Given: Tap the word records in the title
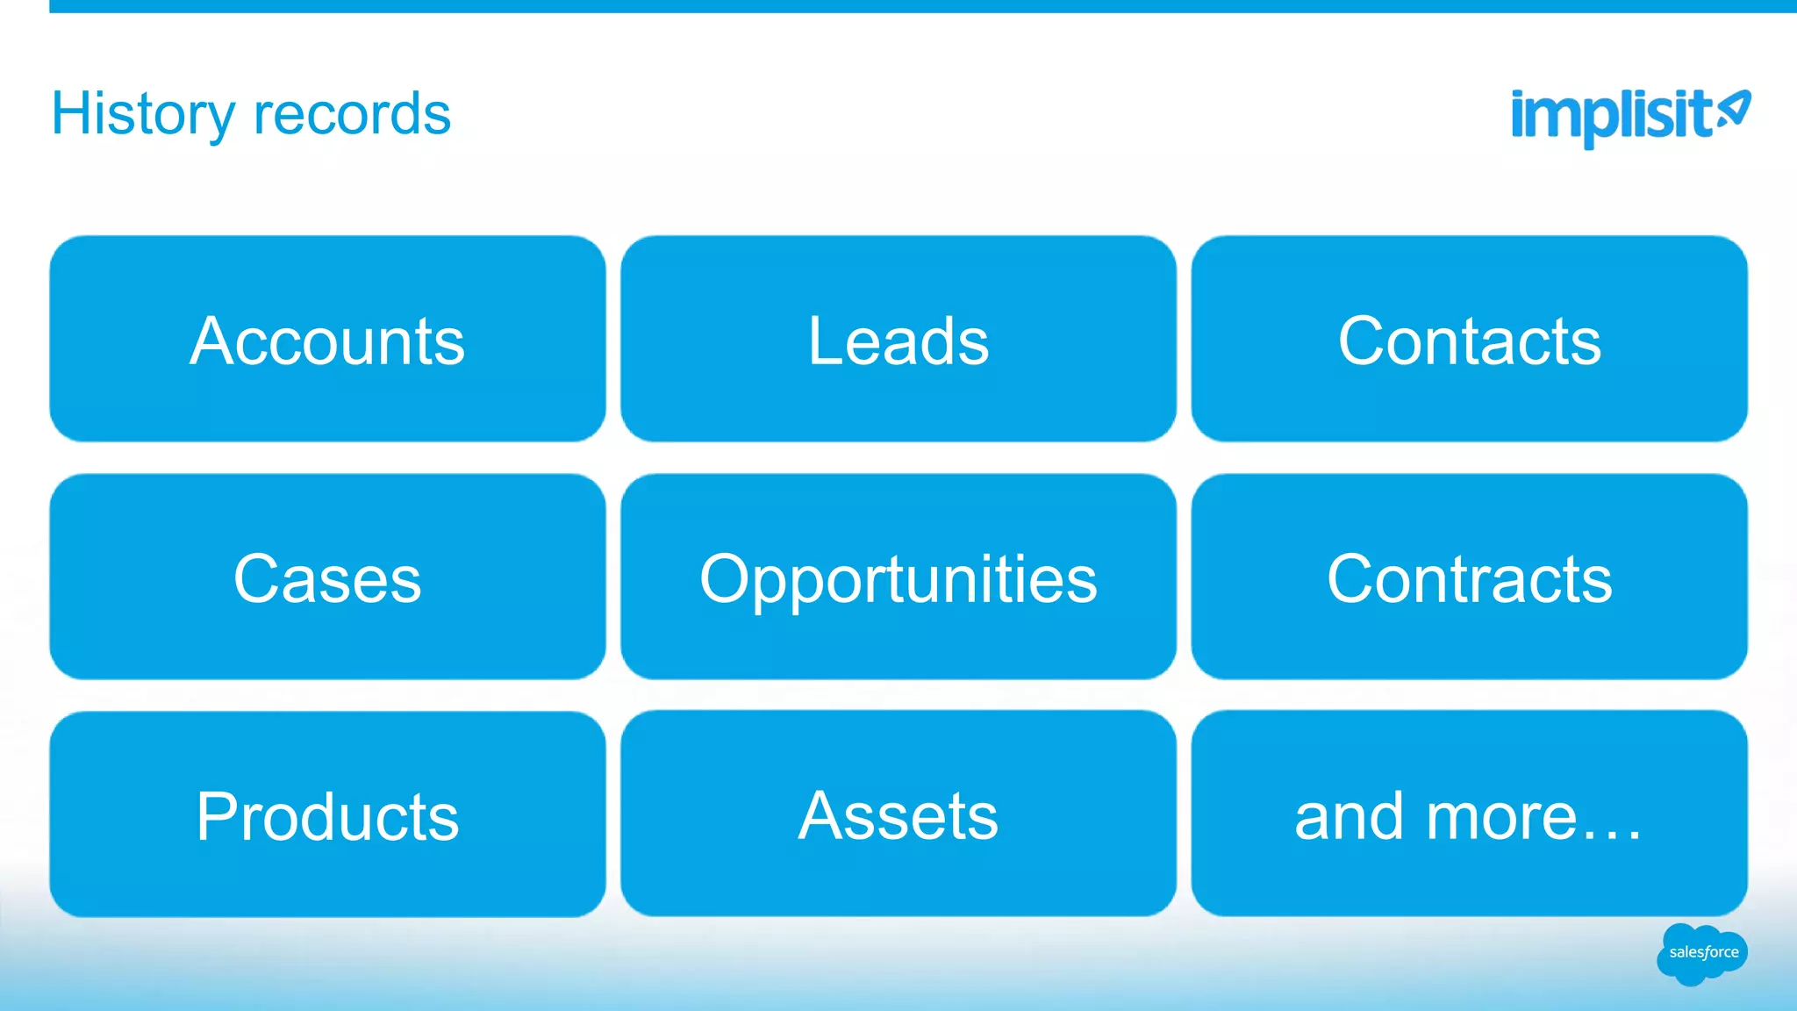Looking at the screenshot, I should [352, 115].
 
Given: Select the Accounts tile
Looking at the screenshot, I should [327, 339].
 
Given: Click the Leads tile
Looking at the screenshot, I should [898, 339].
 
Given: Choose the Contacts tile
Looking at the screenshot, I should [1469, 339].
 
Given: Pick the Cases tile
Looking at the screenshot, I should [327, 577].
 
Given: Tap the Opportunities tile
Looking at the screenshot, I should [898, 577].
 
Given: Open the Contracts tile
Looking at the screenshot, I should [1469, 577].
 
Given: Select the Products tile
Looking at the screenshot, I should [327, 815].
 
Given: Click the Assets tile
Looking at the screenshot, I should [898, 814].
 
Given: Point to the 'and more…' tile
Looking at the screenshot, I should [1469, 814].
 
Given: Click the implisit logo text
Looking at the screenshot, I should [1611, 115].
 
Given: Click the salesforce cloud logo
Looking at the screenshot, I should [1702, 953].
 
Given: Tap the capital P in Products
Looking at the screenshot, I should [216, 816].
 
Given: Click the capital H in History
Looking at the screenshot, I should [71, 113].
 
